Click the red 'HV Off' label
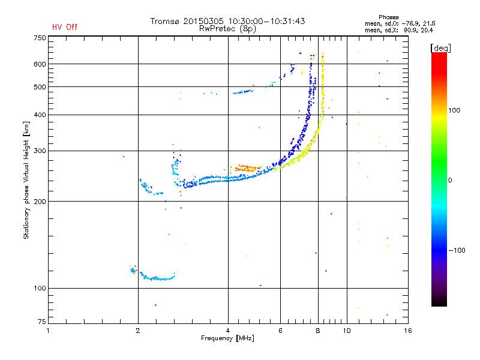[x=64, y=27]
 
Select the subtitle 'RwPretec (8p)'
[x=227, y=28]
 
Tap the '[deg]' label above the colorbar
[x=441, y=47]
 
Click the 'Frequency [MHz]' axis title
[x=228, y=339]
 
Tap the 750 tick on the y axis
[x=40, y=38]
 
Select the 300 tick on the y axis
[x=40, y=151]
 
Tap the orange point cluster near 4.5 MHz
[x=246, y=169]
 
